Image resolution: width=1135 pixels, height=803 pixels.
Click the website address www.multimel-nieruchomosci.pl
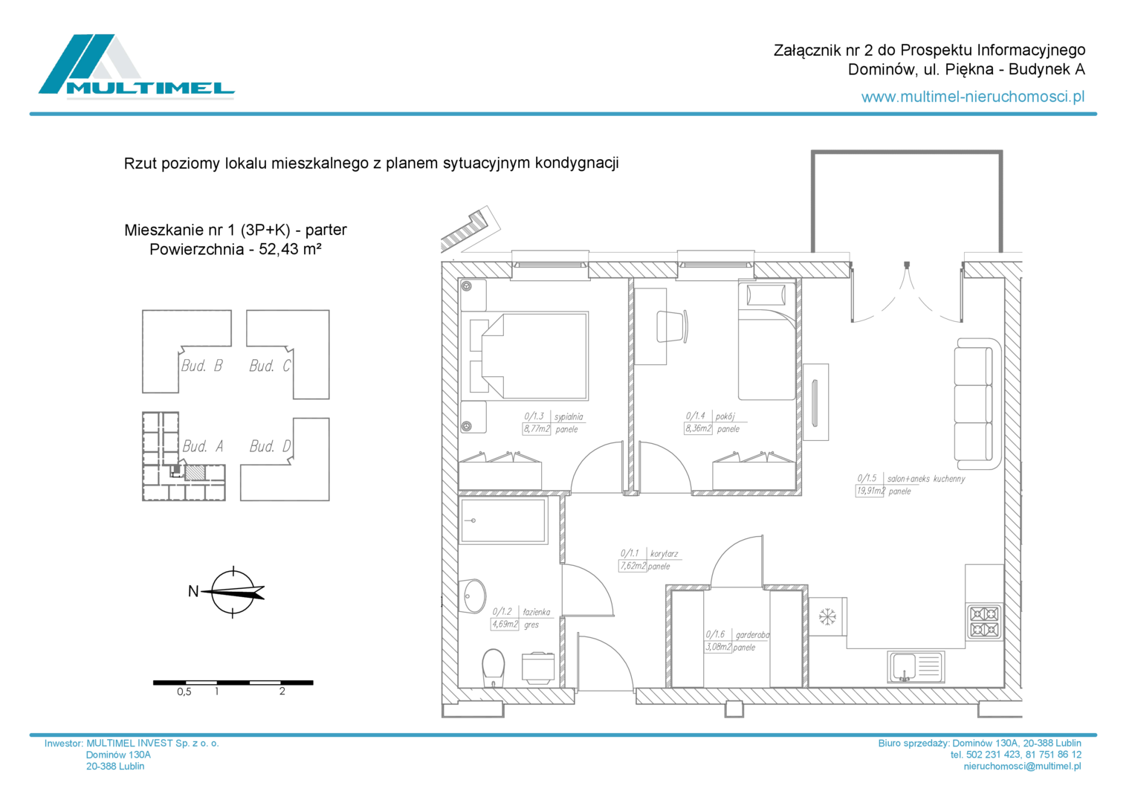(x=973, y=97)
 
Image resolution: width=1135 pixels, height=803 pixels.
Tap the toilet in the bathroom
(x=494, y=668)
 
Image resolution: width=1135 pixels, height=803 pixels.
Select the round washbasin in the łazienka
(x=472, y=596)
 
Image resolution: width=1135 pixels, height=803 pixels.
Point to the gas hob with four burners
(x=984, y=622)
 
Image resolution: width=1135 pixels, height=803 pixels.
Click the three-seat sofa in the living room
(x=977, y=404)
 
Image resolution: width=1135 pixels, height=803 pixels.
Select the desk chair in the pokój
(x=673, y=326)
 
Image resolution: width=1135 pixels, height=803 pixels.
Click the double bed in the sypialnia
(x=529, y=356)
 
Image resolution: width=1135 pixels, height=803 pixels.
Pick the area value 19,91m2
(x=870, y=491)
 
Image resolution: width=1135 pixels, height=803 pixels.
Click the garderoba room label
(x=752, y=635)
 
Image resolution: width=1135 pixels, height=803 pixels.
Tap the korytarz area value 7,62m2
(x=633, y=566)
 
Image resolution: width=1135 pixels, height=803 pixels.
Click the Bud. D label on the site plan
(x=270, y=446)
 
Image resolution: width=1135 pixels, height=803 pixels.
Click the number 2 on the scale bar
(x=282, y=691)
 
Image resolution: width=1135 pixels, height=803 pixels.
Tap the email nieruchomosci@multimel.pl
(x=1022, y=766)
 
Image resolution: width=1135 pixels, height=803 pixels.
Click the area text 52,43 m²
(x=290, y=249)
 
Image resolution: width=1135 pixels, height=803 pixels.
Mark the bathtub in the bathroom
(x=503, y=520)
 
